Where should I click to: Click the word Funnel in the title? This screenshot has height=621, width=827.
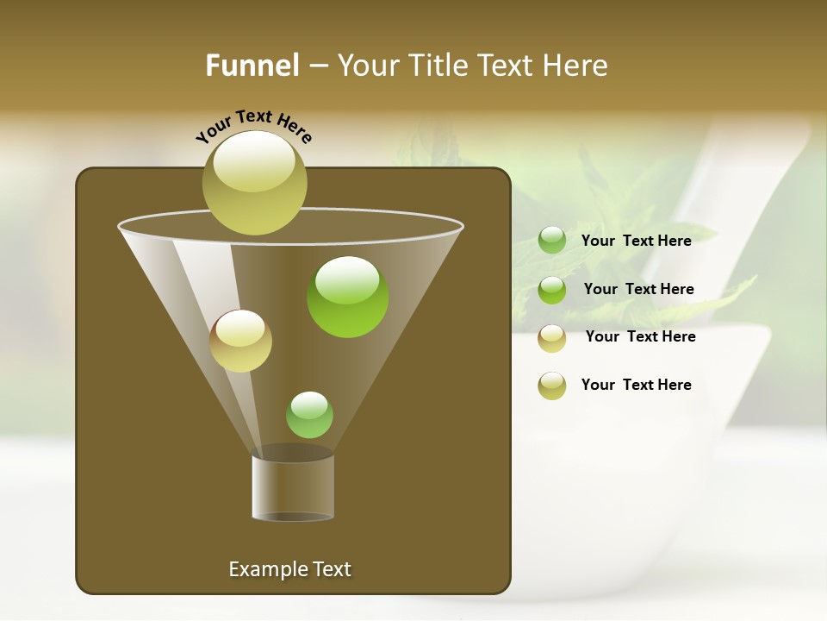click(x=252, y=66)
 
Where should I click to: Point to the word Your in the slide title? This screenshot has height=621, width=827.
click(x=364, y=66)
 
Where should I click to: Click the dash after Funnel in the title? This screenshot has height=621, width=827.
click(x=317, y=66)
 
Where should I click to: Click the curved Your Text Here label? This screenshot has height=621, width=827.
click(x=254, y=125)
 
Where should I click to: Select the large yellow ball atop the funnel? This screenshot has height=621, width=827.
click(x=254, y=182)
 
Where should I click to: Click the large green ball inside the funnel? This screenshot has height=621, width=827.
click(x=347, y=296)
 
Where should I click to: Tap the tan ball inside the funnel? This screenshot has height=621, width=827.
click(x=240, y=341)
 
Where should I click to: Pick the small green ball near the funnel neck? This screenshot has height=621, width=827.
click(x=309, y=414)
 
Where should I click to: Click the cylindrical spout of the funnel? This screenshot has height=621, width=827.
click(x=293, y=488)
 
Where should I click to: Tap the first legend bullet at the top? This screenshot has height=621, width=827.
click(x=552, y=241)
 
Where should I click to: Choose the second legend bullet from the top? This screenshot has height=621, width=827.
click(x=552, y=290)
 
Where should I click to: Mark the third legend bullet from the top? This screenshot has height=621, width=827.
click(x=552, y=338)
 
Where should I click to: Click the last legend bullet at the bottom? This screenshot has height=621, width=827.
click(x=552, y=386)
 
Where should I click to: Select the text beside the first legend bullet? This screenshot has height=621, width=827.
click(x=636, y=241)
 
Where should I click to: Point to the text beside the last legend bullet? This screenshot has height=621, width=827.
click(x=636, y=385)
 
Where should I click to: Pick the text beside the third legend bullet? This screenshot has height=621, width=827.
click(x=640, y=336)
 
